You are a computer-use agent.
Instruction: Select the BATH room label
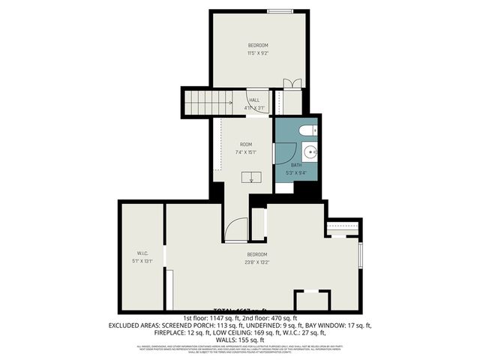pos(296,165)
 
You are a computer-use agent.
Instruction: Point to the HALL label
pos(254,100)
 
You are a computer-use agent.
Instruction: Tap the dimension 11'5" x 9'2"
pos(258,53)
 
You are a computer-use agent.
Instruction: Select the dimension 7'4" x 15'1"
pos(247,152)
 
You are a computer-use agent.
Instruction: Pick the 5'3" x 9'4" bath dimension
pos(296,173)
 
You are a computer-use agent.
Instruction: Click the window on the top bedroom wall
pos(280,11)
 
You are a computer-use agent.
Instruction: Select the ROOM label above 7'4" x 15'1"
pos(246,144)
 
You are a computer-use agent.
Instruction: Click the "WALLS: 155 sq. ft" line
pos(239,340)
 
